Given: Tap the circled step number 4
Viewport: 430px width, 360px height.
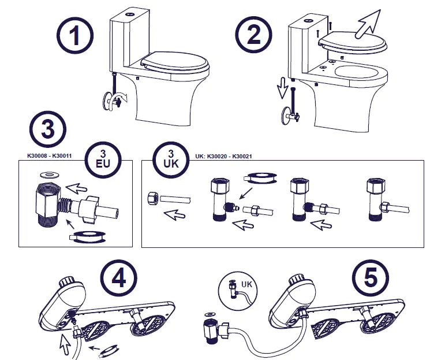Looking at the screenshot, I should (118, 279).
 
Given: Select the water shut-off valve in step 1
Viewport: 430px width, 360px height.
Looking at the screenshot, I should (113, 102).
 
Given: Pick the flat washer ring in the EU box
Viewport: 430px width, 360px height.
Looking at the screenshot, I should (43, 173).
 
